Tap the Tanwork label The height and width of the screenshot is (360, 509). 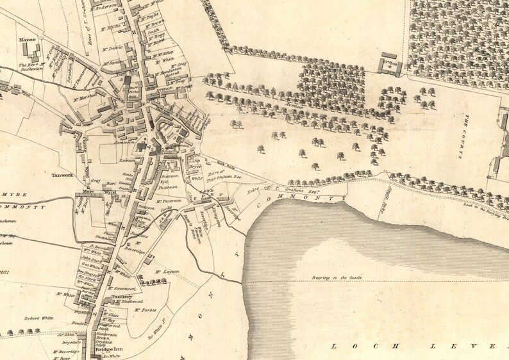click(63, 174)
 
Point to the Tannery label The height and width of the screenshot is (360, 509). click(121, 297)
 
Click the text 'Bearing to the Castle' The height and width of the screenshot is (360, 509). click(337, 277)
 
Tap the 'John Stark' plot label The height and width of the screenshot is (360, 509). click(90, 259)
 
